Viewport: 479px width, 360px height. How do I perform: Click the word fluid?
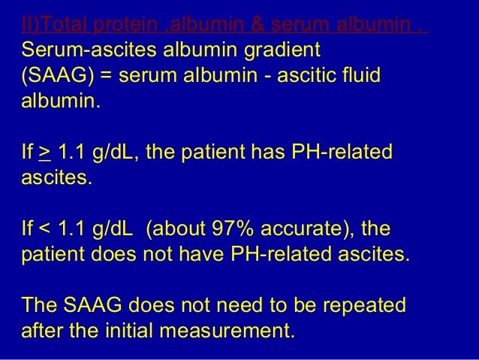pos(358,77)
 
